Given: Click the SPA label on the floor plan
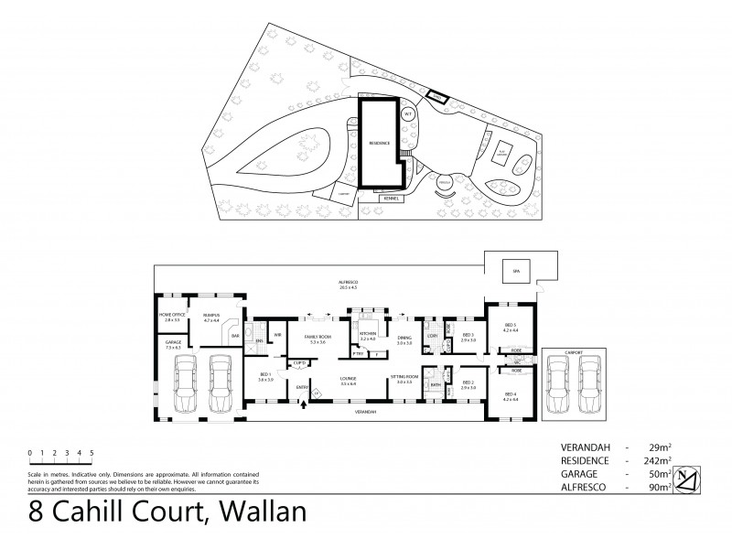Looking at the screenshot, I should point(514,272).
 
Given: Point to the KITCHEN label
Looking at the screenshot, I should point(368,335).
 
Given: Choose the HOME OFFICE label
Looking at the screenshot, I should point(171,315).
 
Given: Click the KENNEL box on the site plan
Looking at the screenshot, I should point(392,197).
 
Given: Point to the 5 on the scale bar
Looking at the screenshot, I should point(91,452).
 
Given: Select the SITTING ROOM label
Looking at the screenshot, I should point(404,379).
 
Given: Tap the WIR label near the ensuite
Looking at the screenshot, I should point(275,335).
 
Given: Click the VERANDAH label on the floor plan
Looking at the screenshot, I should point(366,413).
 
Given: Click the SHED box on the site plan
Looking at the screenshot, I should point(437,97).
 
